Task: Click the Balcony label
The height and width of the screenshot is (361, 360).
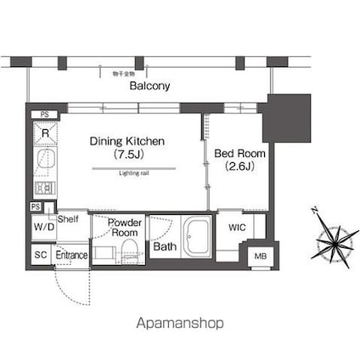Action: [149, 86]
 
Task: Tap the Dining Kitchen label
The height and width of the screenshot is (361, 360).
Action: [127, 141]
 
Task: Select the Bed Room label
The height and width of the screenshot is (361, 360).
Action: [239, 153]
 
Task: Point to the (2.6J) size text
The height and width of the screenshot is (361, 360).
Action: [239, 166]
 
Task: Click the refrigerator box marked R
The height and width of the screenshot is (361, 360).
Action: [45, 133]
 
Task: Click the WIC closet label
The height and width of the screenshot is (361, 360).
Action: [237, 228]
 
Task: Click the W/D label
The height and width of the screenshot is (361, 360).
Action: [43, 228]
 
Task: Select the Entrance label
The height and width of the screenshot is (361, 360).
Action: [71, 255]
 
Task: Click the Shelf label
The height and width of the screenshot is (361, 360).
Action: [69, 218]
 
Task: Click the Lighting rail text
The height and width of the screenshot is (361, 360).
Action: [134, 172]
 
